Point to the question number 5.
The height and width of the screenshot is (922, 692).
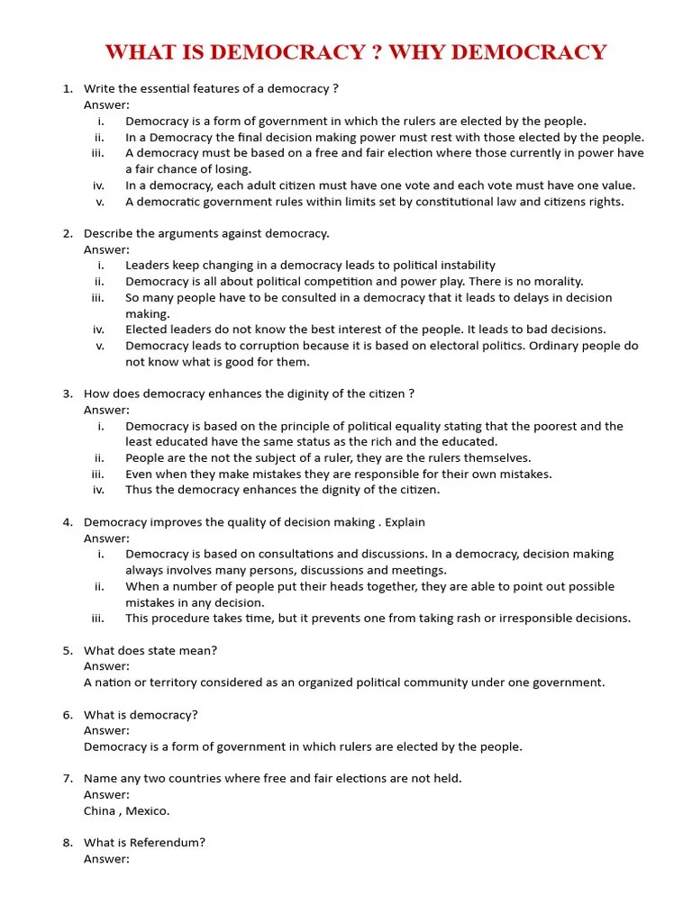coord(68,650)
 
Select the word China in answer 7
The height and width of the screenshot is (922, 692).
coord(100,810)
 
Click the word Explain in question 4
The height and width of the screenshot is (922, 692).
coord(405,522)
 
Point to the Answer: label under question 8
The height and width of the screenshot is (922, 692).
coord(106,859)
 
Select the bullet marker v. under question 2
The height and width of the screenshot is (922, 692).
coord(100,346)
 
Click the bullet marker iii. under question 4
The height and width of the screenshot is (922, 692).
coord(98,618)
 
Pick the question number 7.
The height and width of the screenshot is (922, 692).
coord(68,778)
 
